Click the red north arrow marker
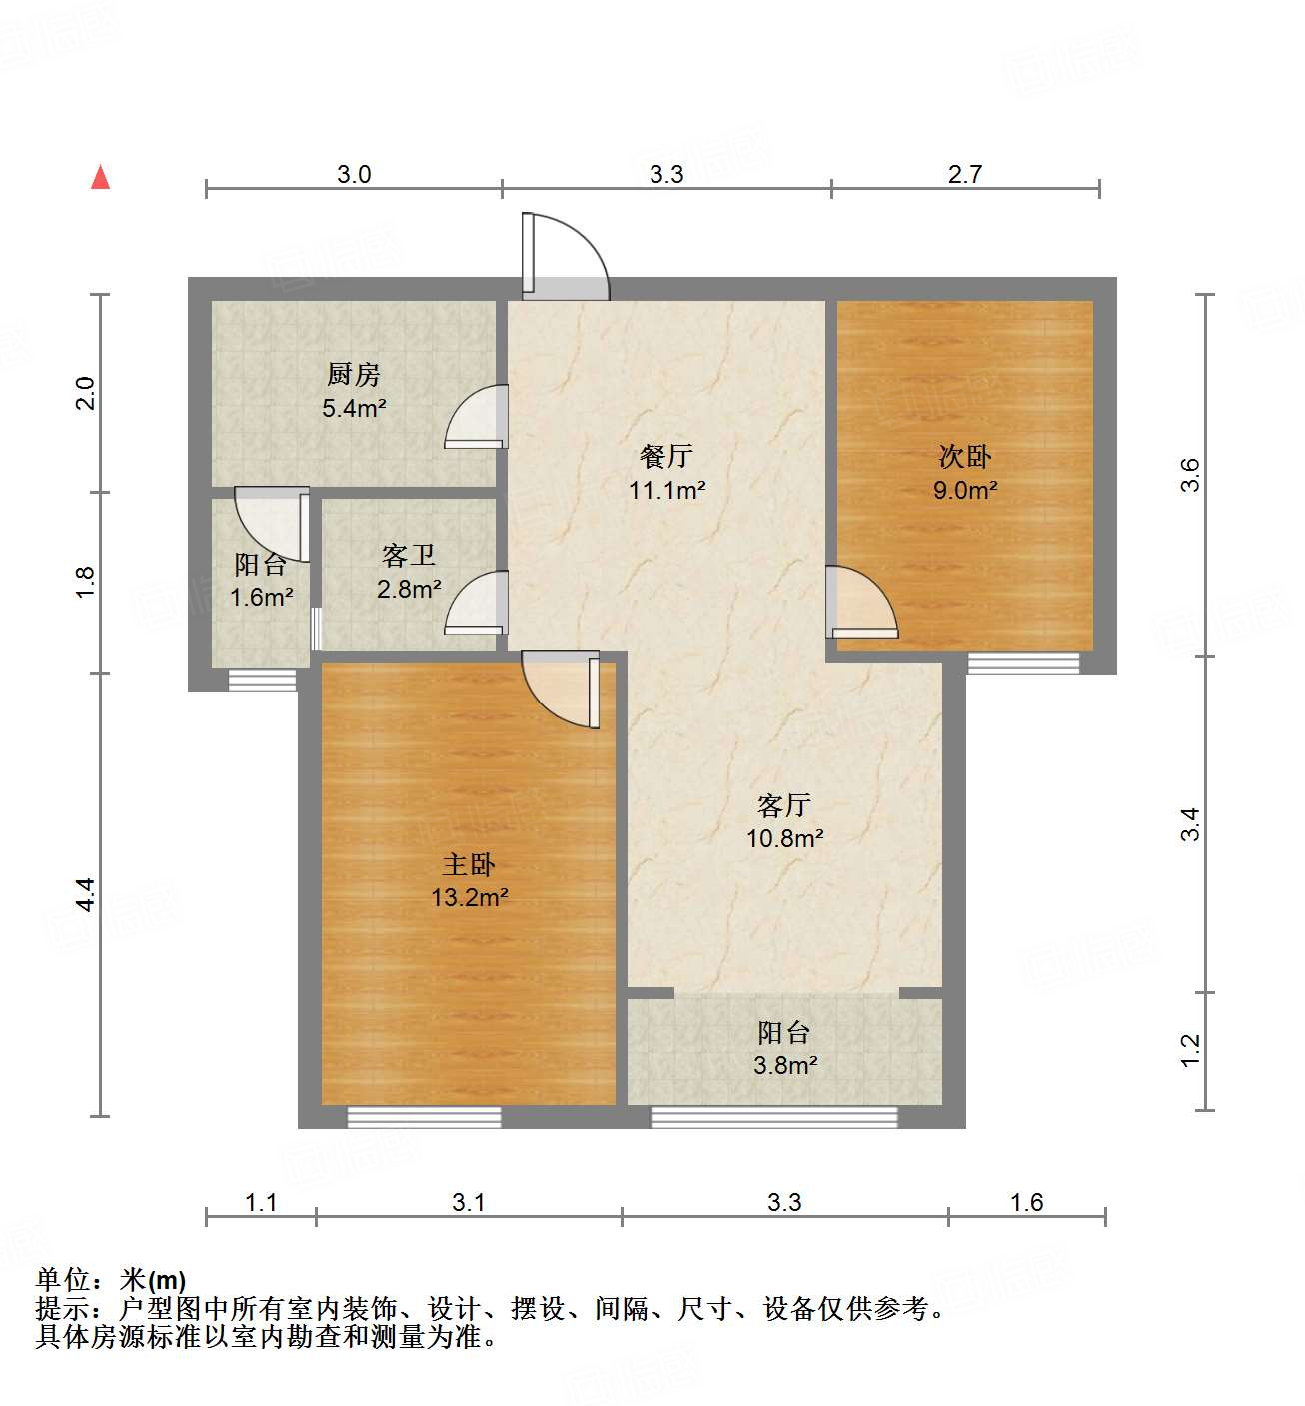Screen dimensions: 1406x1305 pos(100,177)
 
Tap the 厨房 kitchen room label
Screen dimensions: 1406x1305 pos(354,375)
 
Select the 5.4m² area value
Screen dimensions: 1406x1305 pos(354,408)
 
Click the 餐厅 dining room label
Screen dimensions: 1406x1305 pos(666,457)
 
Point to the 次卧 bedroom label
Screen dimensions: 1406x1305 pos(965,457)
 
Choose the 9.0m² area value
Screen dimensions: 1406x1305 pos(965,490)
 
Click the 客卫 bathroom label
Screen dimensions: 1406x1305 pos(409,556)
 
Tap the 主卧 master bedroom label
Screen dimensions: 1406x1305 pos(469,864)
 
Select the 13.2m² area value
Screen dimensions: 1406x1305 pos(469,897)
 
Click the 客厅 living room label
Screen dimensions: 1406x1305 pos(784,805)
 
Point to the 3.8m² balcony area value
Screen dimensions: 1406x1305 pos(785,1065)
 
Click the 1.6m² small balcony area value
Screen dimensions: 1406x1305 pos(261,598)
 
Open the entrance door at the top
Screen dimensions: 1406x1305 pos(564,257)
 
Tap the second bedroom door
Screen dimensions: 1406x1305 pos(860,603)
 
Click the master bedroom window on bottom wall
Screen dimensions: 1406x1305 pos(424,1117)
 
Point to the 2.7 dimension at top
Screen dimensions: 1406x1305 pos(965,175)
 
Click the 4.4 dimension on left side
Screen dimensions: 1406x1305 pos(86,893)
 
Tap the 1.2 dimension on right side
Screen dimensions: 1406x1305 pos(1190,1049)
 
